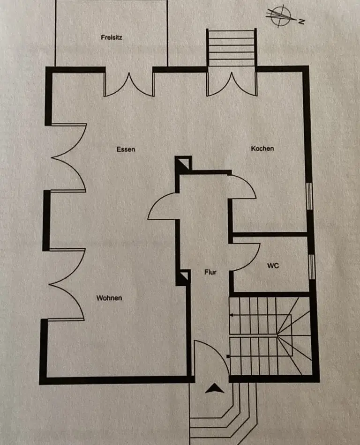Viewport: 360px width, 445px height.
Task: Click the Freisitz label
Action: point(112,37)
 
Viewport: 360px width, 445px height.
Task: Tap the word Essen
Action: point(126,149)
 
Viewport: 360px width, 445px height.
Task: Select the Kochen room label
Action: point(262,148)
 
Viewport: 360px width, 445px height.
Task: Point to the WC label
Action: point(273,266)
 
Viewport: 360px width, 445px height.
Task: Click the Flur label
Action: point(210,272)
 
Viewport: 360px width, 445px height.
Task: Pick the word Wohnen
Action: point(109,298)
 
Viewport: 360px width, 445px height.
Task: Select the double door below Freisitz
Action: point(129,84)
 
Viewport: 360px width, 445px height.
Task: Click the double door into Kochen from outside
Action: point(232,84)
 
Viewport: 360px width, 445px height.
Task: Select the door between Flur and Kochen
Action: point(243,186)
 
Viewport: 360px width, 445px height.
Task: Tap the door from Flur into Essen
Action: point(163,207)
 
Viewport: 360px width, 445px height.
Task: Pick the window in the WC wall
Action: point(310,266)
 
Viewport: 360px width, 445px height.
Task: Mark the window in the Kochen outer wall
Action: point(309,195)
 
